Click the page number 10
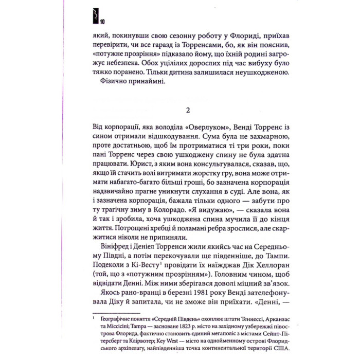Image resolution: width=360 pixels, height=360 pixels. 103,22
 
